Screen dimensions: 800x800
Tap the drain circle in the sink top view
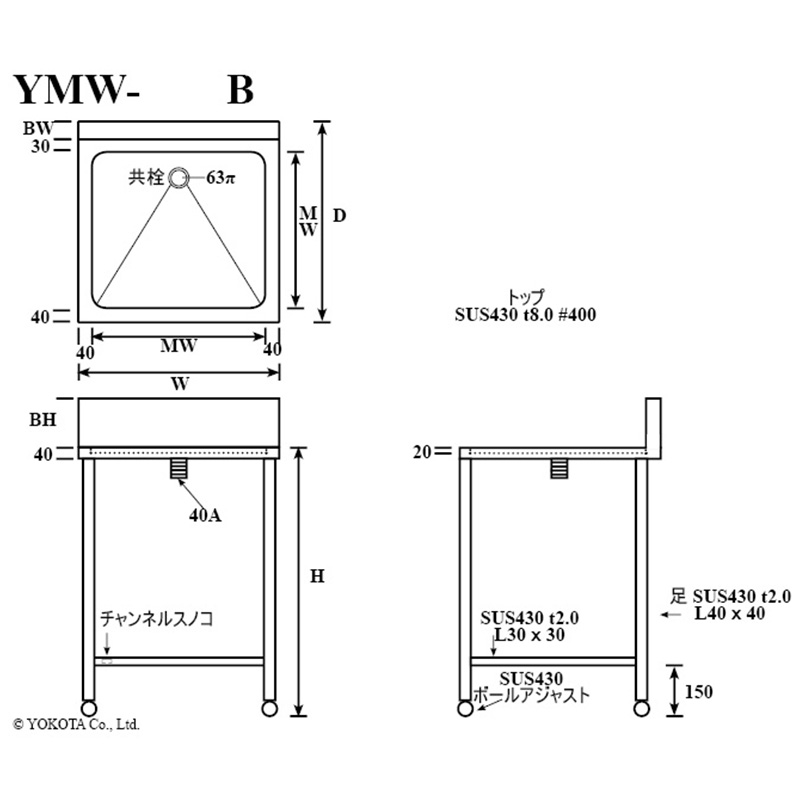point(179,178)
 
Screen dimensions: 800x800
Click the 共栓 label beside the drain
point(145,179)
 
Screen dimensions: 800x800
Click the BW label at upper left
point(38,128)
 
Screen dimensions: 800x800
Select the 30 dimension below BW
point(40,146)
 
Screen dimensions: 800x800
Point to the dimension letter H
point(316,577)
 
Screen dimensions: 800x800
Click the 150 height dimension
point(700,691)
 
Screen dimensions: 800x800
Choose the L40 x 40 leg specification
point(729,613)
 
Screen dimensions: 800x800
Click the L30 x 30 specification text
point(529,635)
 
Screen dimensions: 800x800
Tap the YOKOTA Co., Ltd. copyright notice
point(76,722)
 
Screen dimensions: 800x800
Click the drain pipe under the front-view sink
point(178,469)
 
